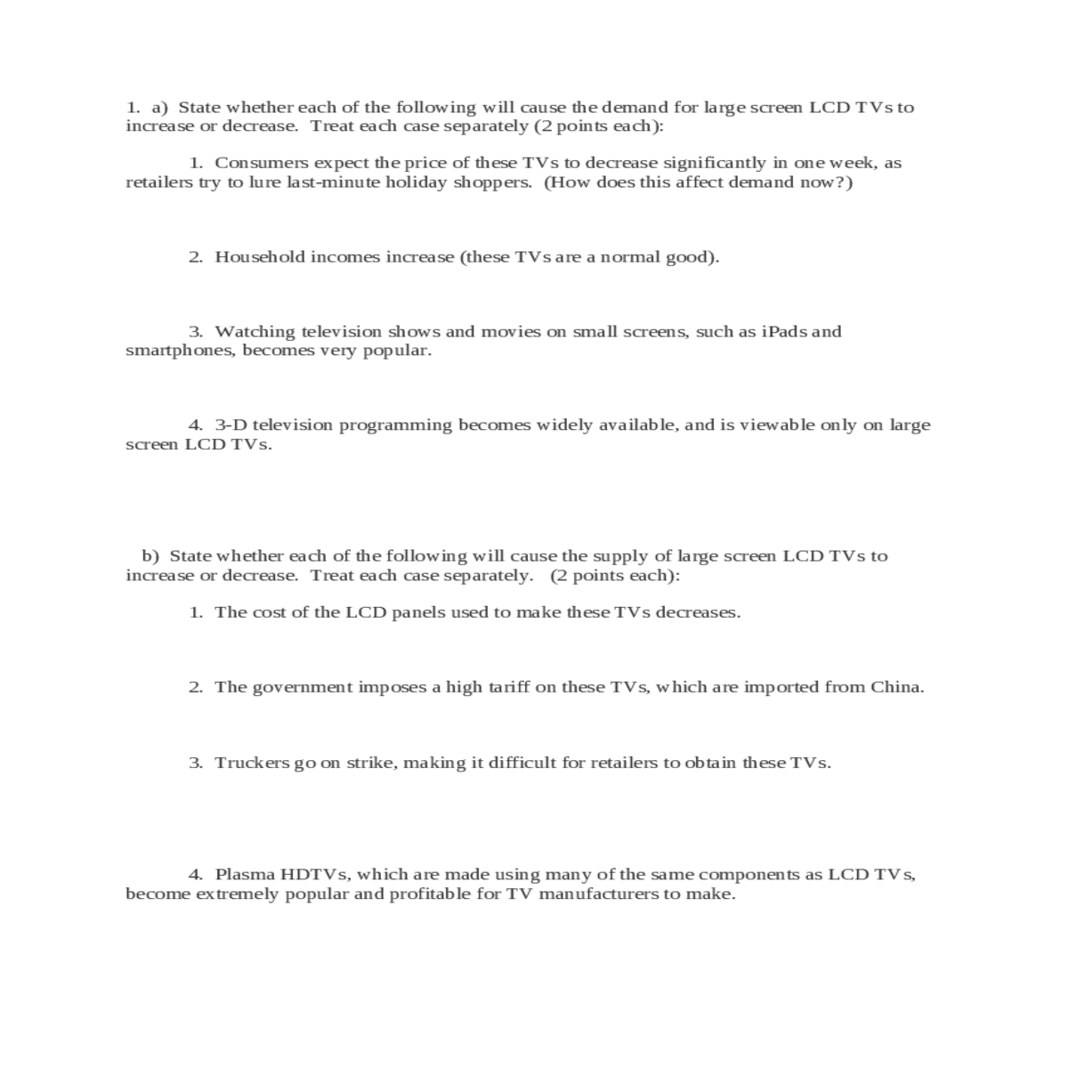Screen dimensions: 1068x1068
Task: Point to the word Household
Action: point(259,257)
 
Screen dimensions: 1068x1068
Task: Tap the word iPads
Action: point(783,332)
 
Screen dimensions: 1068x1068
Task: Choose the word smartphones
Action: point(181,351)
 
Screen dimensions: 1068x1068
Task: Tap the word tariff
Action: point(497,687)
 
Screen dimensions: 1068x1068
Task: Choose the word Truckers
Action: point(252,763)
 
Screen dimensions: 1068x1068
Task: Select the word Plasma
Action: point(245,875)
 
